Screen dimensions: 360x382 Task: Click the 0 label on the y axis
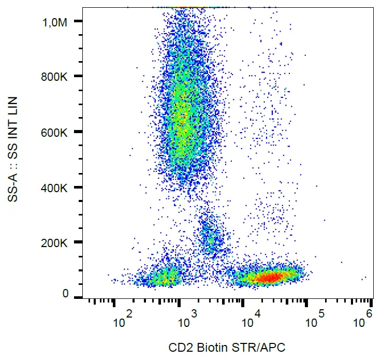(65, 294)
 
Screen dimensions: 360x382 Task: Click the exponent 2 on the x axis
(129, 313)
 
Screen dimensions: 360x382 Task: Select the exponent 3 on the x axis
(194, 313)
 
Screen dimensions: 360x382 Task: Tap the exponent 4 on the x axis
(257, 313)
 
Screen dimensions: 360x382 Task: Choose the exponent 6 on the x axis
(369, 313)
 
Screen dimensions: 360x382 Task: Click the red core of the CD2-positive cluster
(269, 278)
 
